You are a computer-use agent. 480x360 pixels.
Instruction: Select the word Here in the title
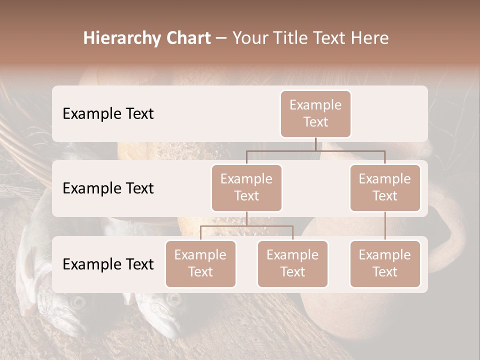(370, 38)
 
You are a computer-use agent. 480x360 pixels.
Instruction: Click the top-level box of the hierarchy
(315, 113)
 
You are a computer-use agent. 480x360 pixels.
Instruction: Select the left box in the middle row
(246, 187)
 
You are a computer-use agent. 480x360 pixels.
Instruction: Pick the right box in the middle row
(385, 187)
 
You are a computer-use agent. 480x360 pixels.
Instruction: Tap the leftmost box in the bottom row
(200, 263)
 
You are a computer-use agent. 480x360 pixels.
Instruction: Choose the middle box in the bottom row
(292, 263)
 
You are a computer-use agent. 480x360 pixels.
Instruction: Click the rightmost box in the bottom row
(385, 263)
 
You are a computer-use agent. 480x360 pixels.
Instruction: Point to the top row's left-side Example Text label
(108, 113)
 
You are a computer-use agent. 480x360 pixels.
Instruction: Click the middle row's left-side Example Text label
(108, 188)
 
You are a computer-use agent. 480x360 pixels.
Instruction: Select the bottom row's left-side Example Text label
(108, 264)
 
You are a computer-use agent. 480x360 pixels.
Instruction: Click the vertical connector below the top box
(315, 144)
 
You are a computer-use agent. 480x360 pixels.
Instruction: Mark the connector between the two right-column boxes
(385, 225)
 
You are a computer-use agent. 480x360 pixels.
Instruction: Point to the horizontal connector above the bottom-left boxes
(246, 226)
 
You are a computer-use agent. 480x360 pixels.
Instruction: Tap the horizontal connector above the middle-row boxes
(315, 150)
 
